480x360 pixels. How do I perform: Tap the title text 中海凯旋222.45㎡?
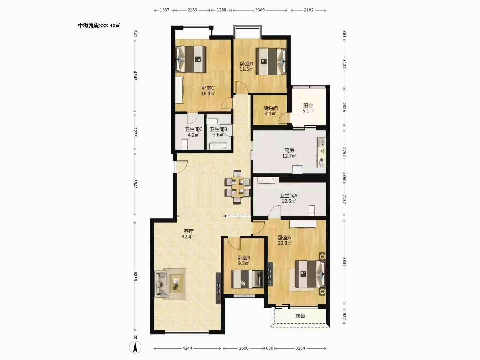point(99,26)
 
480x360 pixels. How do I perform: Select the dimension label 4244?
point(187,348)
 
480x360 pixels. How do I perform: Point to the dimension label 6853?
point(135,276)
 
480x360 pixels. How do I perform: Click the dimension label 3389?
point(260,10)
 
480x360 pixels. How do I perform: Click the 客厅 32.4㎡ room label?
point(189,234)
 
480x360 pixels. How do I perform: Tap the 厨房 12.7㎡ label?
point(289,153)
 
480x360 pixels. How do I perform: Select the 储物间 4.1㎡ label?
point(270,111)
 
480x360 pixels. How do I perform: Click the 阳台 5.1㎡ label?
point(308,108)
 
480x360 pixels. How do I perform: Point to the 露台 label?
point(300,316)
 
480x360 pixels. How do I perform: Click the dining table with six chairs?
point(237,187)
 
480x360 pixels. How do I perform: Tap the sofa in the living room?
point(161,284)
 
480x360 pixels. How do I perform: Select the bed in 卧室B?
point(247,279)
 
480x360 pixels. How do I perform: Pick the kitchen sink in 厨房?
point(321,142)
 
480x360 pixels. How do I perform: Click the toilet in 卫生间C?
point(185,145)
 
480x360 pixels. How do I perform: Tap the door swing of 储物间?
point(284,118)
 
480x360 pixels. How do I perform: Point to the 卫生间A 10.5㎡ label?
point(289,198)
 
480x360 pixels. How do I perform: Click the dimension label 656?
point(269,348)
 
